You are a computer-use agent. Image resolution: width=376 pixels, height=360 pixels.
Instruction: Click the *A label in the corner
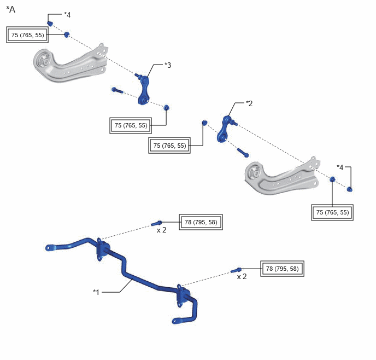pyautogui.click(x=10, y=9)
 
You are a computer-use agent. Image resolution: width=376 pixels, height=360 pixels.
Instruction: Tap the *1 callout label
pyautogui.click(x=96, y=292)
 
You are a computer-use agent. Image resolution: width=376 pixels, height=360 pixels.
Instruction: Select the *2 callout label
pyautogui.click(x=249, y=103)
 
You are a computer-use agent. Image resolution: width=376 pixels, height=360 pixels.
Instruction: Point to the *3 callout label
pyautogui.click(x=168, y=65)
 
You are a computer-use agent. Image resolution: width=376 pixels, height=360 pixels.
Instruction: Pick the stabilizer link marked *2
pyautogui.click(x=225, y=129)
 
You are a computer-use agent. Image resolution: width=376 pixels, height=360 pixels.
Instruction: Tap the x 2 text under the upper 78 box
pyautogui.click(x=161, y=230)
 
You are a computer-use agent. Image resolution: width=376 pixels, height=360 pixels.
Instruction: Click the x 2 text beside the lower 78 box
pyautogui.click(x=242, y=277)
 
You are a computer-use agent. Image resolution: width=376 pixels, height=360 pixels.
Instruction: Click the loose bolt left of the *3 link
pyautogui.click(x=117, y=90)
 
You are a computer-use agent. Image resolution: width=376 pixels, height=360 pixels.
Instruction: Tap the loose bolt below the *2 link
pyautogui.click(x=243, y=153)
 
